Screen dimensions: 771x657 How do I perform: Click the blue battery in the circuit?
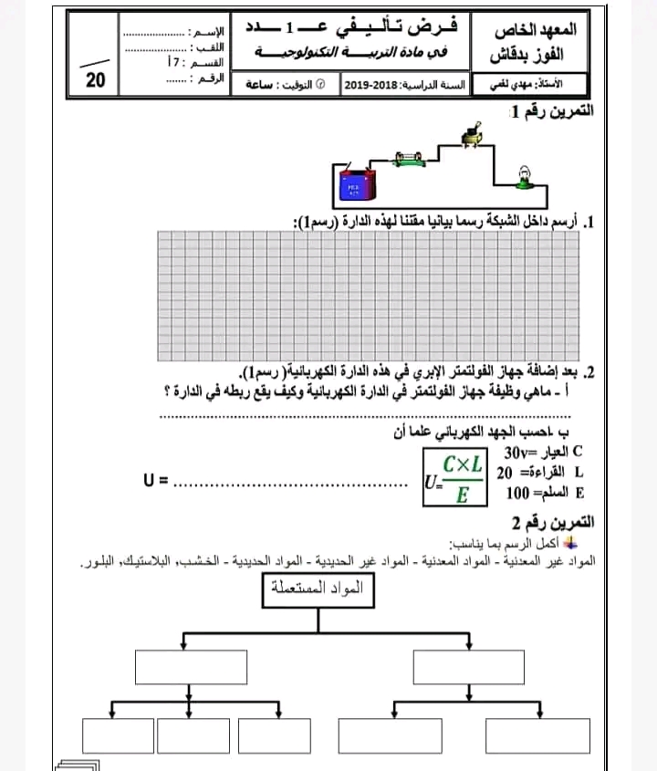tap(354, 189)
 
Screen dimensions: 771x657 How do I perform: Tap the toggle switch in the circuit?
tap(472, 137)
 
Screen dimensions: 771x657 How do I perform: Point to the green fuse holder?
tap(408, 162)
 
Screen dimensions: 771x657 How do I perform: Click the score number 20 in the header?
tap(96, 79)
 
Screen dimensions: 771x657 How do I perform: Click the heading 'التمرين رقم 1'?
tap(550, 111)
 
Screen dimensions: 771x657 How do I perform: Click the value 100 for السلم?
tap(518, 493)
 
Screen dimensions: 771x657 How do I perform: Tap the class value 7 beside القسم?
tap(173, 63)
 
